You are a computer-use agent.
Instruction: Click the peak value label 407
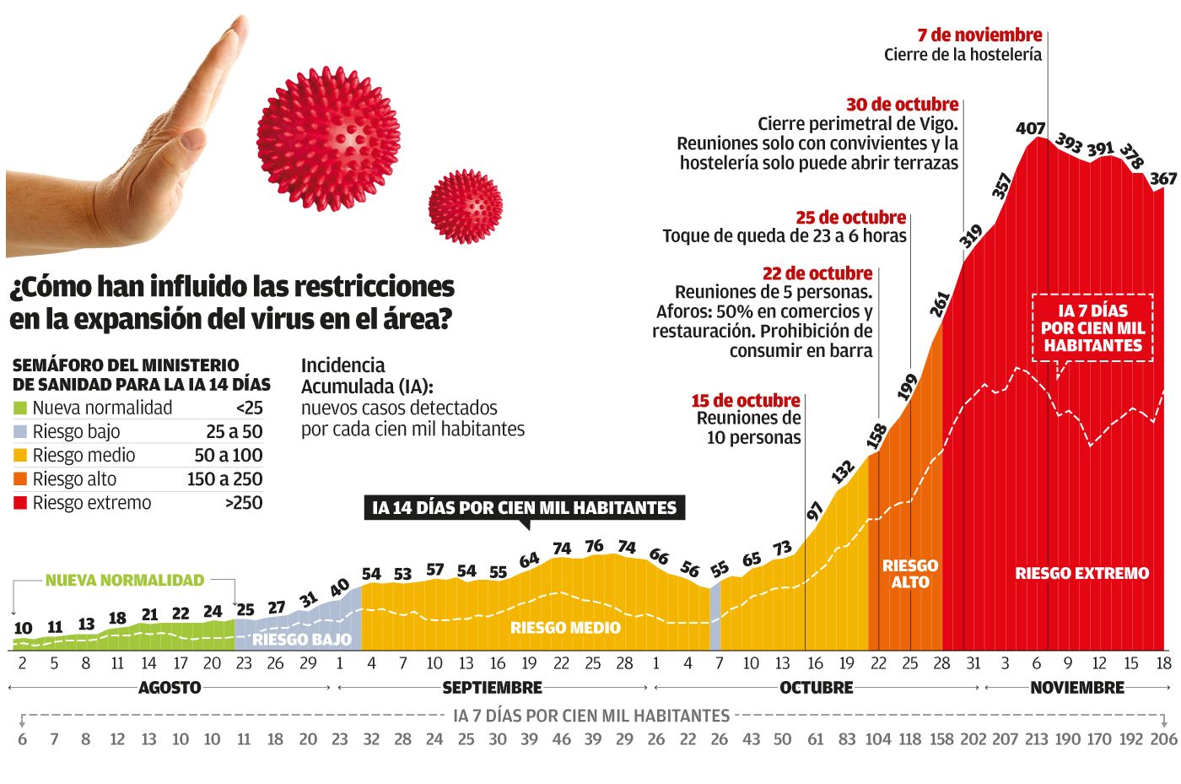[x=1030, y=128]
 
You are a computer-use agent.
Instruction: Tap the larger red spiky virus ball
[x=328, y=138]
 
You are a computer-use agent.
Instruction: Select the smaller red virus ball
[x=465, y=206]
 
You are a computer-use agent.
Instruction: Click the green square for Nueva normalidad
[x=20, y=408]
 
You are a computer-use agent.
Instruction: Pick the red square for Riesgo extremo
[x=20, y=503]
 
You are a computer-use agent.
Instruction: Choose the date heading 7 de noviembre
[x=979, y=35]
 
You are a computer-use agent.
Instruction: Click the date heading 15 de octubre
[x=745, y=401]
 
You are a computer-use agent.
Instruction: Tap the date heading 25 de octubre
[x=850, y=218]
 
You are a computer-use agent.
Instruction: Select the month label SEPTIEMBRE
[x=492, y=688]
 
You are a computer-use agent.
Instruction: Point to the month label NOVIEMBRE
[x=1077, y=688]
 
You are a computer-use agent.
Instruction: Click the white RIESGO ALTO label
[x=909, y=574]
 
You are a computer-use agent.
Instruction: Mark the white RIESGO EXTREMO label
[x=1081, y=574]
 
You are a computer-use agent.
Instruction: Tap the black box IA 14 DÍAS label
[x=524, y=508]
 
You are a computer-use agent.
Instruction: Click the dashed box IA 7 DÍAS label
[x=1092, y=328]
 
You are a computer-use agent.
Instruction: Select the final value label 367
[x=1163, y=179]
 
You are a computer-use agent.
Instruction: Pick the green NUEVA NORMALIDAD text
[x=125, y=581]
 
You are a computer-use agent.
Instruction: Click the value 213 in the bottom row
[x=1036, y=739]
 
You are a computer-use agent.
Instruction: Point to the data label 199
[x=907, y=387]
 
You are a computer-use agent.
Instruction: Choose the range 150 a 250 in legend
[x=224, y=479]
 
